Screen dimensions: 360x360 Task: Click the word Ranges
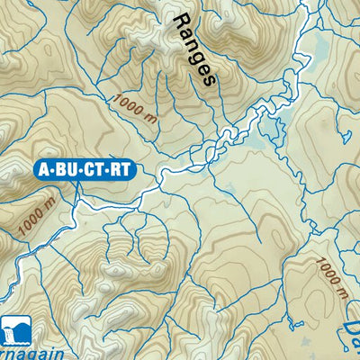[x=193, y=48]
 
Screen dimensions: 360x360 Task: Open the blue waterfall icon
[x=14, y=330]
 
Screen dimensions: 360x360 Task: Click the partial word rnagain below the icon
[x=31, y=354]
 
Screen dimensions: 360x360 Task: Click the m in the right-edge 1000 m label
[x=340, y=292]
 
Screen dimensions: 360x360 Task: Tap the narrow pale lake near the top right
[x=316, y=54]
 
